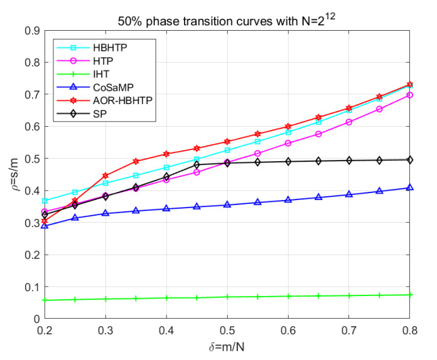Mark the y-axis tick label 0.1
31,287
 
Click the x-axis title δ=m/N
227,347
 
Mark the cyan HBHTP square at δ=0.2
45,201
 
